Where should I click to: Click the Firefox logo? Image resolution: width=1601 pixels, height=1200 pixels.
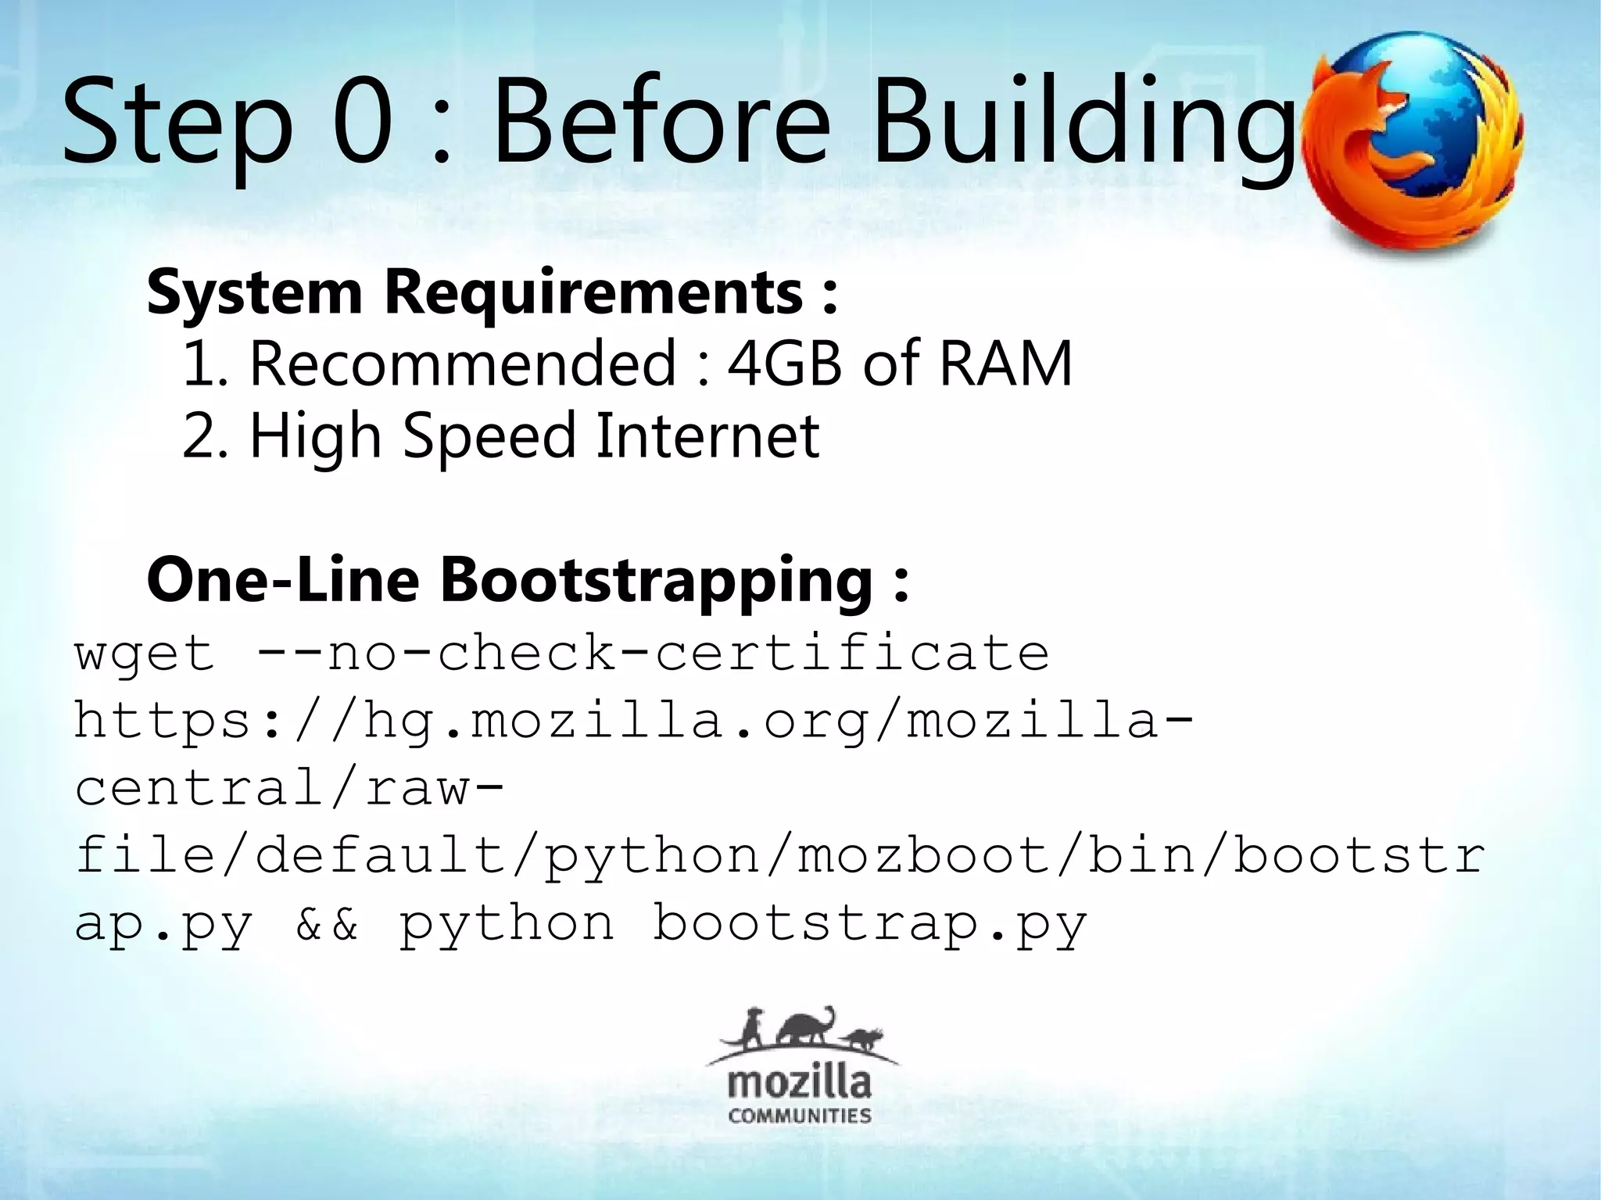point(1413,141)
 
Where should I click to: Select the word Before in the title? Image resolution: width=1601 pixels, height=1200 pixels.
point(660,121)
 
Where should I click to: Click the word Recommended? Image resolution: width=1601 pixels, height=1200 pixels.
point(462,364)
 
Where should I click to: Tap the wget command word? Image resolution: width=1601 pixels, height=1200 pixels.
point(145,655)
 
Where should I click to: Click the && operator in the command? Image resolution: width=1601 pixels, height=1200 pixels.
point(327,924)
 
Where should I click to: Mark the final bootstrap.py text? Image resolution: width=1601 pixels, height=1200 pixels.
point(869,924)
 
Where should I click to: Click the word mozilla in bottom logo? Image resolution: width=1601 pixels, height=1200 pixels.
point(799,1083)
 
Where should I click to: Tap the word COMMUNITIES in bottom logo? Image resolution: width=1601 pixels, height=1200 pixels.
point(799,1116)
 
